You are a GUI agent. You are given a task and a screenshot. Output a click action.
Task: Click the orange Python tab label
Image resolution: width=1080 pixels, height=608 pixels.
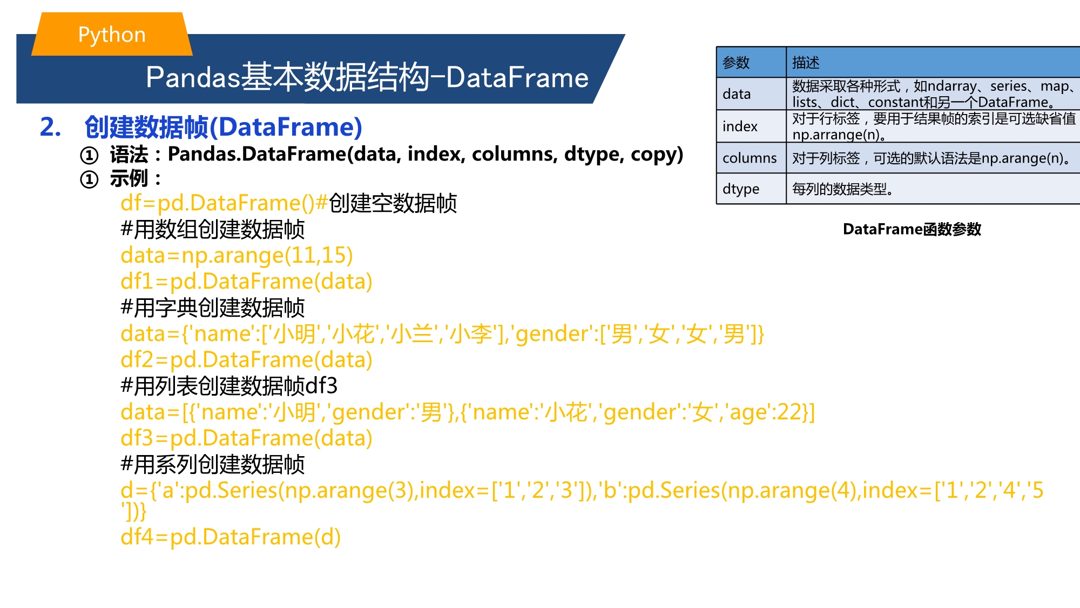[112, 35]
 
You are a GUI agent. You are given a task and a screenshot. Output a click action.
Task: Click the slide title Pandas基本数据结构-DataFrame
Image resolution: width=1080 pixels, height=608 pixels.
[367, 77]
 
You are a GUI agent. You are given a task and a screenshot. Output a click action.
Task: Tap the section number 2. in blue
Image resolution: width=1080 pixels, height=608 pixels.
[51, 127]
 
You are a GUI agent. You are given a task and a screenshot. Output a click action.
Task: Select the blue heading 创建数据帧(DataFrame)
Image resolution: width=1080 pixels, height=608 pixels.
[223, 128]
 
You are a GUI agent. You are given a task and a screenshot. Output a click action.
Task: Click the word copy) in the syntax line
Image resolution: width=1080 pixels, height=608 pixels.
[657, 155]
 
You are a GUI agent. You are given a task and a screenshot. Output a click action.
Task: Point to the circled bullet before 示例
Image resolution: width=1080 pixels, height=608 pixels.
[89, 179]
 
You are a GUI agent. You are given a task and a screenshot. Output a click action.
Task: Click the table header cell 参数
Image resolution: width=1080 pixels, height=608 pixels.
[736, 63]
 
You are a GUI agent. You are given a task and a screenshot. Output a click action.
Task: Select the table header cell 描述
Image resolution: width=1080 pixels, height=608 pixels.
[806, 63]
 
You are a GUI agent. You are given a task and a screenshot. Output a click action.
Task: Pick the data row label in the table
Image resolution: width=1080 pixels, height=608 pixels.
[737, 94]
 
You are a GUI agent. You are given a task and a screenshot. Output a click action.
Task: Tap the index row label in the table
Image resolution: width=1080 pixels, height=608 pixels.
[740, 126]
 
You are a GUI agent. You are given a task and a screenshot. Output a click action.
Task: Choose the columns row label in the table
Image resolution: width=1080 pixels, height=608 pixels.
[750, 158]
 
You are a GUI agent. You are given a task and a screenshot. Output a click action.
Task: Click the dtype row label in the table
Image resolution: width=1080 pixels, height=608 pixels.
[741, 189]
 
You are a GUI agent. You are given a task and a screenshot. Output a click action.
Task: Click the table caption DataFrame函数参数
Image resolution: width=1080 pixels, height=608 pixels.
[912, 229]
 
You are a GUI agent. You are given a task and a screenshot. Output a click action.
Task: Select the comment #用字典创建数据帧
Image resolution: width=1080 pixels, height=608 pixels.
[213, 308]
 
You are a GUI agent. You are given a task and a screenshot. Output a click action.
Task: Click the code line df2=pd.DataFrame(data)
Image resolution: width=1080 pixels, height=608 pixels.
[246, 360]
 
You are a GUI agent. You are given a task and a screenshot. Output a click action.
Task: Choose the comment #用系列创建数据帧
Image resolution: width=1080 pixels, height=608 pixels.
[213, 464]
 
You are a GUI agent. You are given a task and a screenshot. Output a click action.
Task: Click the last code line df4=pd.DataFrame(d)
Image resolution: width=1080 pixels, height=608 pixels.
[231, 537]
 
